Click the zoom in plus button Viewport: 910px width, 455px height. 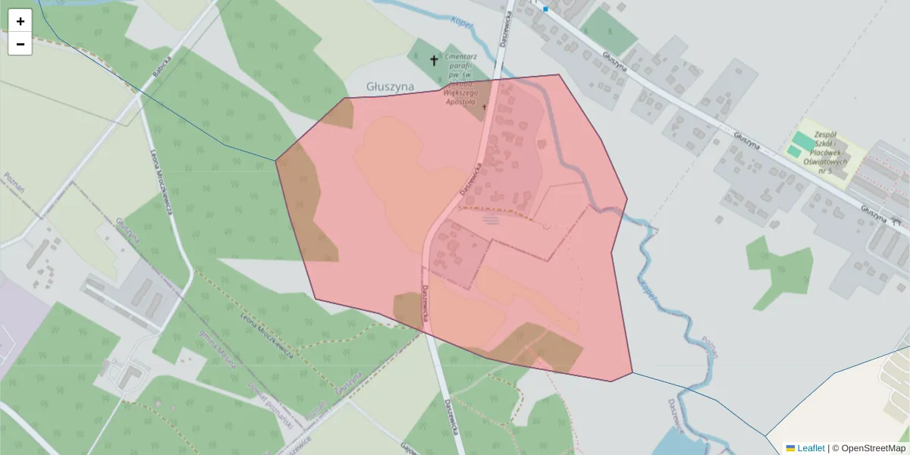click(20, 21)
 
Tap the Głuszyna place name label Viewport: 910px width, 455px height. click(390, 86)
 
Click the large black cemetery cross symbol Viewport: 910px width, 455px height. click(435, 60)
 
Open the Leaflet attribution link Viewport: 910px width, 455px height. click(811, 448)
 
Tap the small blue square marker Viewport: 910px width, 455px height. click(545, 9)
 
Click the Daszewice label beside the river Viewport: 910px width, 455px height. click(676, 417)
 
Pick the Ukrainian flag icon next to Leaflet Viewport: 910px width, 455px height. click(790, 448)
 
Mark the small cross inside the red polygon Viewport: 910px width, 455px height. click(484, 108)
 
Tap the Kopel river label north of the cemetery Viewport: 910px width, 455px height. click(462, 24)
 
